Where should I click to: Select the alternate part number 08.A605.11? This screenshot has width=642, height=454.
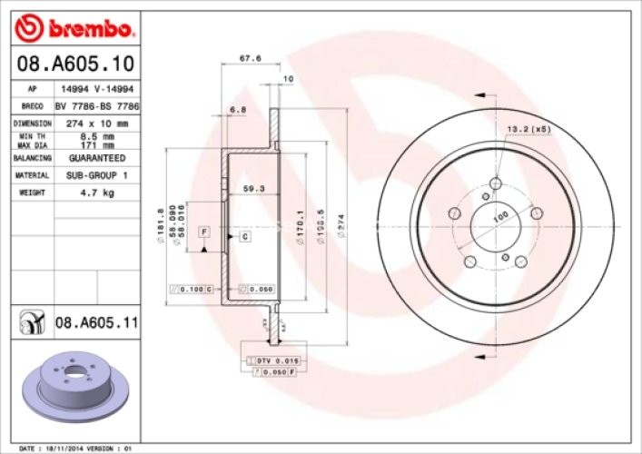pos(96,321)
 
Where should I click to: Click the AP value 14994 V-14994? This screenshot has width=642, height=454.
pos(97,89)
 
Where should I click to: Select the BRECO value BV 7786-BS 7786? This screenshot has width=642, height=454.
pos(97,105)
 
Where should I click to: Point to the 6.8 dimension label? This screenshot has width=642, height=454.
pos(238,110)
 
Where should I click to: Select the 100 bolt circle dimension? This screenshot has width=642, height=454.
pos(499,219)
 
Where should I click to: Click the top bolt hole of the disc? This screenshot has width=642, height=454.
pos(495,184)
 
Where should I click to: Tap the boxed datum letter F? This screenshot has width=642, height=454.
pos(205,232)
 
